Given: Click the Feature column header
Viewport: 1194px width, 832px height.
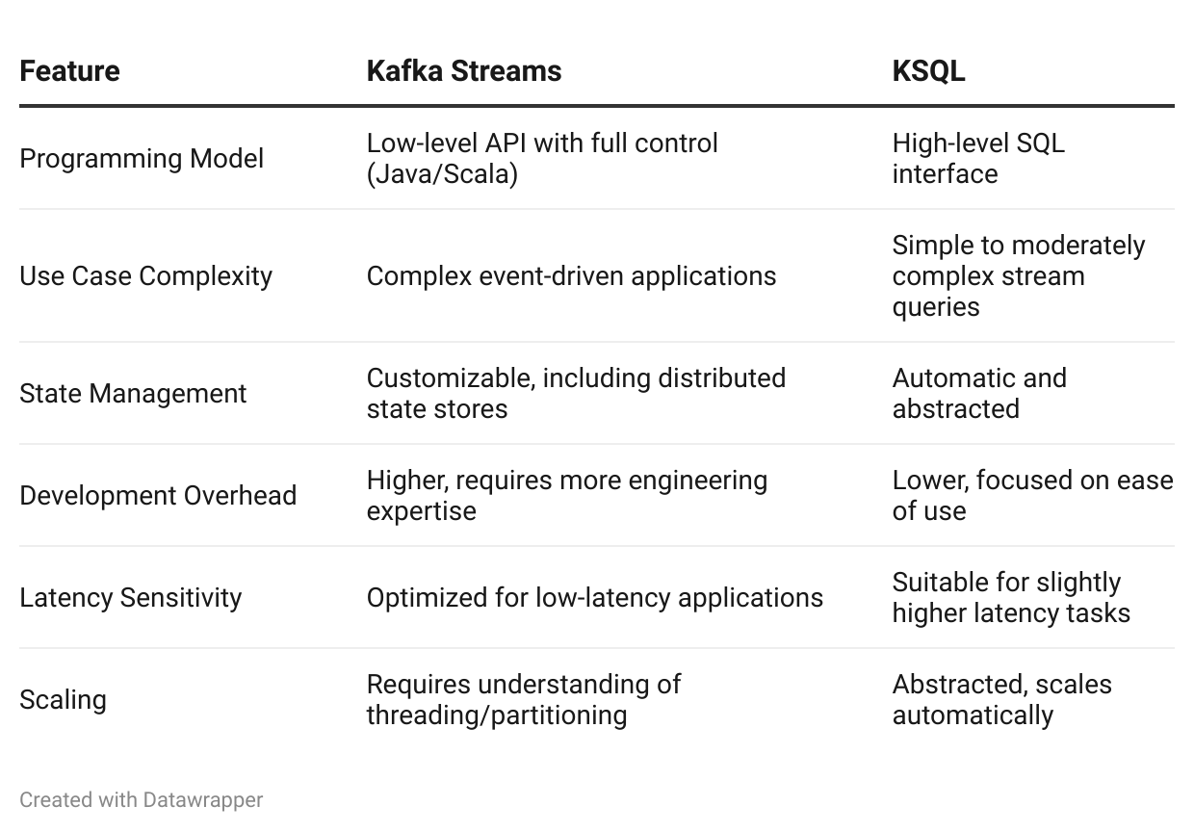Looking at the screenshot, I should pos(69,71).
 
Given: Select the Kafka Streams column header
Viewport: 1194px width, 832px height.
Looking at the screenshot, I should pos(463,71).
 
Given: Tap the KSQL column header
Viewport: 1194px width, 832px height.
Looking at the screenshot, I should pos(928,71).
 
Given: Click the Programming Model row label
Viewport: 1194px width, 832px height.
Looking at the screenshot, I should pos(142,158).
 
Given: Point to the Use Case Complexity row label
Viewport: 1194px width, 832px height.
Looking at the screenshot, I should pos(145,275).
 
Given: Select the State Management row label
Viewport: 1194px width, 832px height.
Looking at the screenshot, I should pos(133,393).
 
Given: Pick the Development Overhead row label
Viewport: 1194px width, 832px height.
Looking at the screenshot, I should pos(158,495).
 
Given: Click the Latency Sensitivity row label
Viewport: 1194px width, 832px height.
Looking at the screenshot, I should pos(130,597).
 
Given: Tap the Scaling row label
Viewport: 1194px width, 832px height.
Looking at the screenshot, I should pos(63,699).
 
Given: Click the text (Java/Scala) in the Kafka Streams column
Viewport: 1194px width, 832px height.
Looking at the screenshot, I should pos(442,174).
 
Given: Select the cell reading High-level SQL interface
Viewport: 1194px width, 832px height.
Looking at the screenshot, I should pos(977,158).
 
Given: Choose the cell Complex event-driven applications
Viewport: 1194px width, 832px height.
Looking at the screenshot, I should pos(571,275).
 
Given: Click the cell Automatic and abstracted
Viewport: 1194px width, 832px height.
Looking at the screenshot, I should pos(978,393).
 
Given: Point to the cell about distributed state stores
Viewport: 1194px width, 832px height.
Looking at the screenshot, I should pos(576,393).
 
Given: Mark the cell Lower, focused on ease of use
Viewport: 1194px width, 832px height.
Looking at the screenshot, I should pos(1031,495).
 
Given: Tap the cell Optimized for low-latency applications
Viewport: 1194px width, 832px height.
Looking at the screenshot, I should pos(594,597).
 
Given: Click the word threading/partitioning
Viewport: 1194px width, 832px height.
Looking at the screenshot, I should pos(497,715).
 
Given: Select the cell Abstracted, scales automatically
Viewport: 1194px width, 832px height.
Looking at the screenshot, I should pos(1001,699).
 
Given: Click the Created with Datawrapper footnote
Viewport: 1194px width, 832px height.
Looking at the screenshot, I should pos(141,799).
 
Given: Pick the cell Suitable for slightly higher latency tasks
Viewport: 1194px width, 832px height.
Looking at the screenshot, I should pos(1010,597).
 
